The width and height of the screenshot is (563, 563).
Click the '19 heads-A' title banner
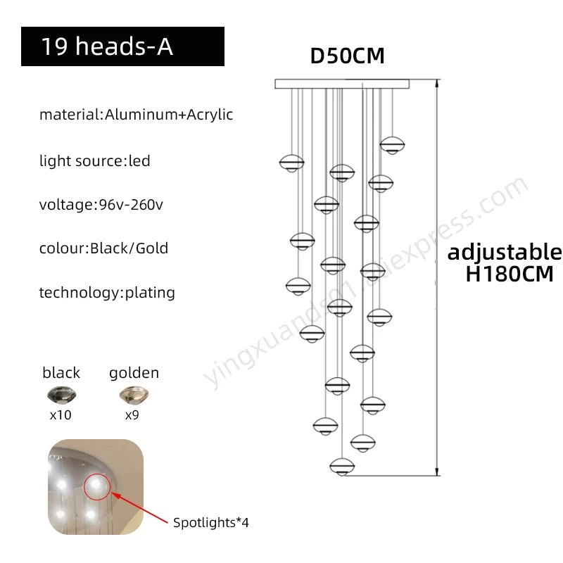[122, 46]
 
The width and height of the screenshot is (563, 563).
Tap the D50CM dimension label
[347, 56]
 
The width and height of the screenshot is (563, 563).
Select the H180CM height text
[510, 274]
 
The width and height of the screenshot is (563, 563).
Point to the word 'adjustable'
[505, 252]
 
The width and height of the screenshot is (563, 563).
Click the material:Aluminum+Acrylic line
[136, 115]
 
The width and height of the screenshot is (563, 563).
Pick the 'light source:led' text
[95, 160]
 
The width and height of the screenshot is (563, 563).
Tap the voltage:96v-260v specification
[101, 205]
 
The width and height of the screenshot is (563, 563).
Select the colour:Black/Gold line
[103, 248]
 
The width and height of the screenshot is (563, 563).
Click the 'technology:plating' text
[107, 293]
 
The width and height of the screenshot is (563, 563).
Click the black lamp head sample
[61, 395]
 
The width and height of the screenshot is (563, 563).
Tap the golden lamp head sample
[134, 395]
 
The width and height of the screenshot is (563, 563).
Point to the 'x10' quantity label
[61, 415]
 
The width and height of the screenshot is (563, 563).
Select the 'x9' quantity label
[132, 415]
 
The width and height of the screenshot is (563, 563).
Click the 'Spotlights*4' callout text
[210, 522]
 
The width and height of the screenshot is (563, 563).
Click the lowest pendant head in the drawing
[342, 467]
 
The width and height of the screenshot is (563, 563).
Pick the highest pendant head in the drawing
[393, 146]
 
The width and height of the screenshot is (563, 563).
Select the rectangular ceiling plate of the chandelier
[342, 84]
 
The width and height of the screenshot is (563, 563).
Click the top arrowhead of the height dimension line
[437, 83]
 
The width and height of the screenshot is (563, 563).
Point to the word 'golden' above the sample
[134, 373]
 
